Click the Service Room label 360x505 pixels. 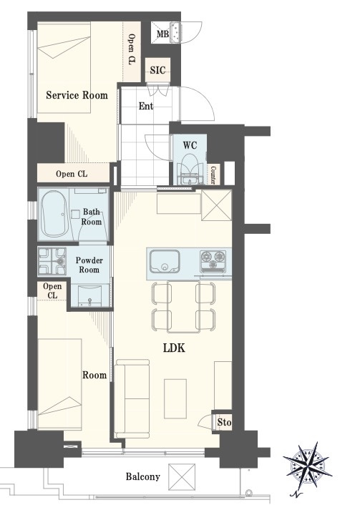(77, 95)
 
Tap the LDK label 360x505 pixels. (174, 348)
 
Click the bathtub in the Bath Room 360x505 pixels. (54, 214)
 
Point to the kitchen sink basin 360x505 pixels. (165, 261)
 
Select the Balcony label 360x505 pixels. (142, 476)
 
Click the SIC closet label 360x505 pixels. (157, 70)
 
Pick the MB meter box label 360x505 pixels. (162, 34)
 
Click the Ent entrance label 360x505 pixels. (146, 106)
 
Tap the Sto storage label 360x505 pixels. (224, 422)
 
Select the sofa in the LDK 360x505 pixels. (132, 398)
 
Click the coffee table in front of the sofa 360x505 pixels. (175, 398)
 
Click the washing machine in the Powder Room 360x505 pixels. (52, 261)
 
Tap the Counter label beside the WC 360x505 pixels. (213, 175)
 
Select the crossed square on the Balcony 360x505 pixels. (182, 476)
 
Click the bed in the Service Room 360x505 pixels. (64, 68)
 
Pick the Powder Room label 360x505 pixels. (89, 265)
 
